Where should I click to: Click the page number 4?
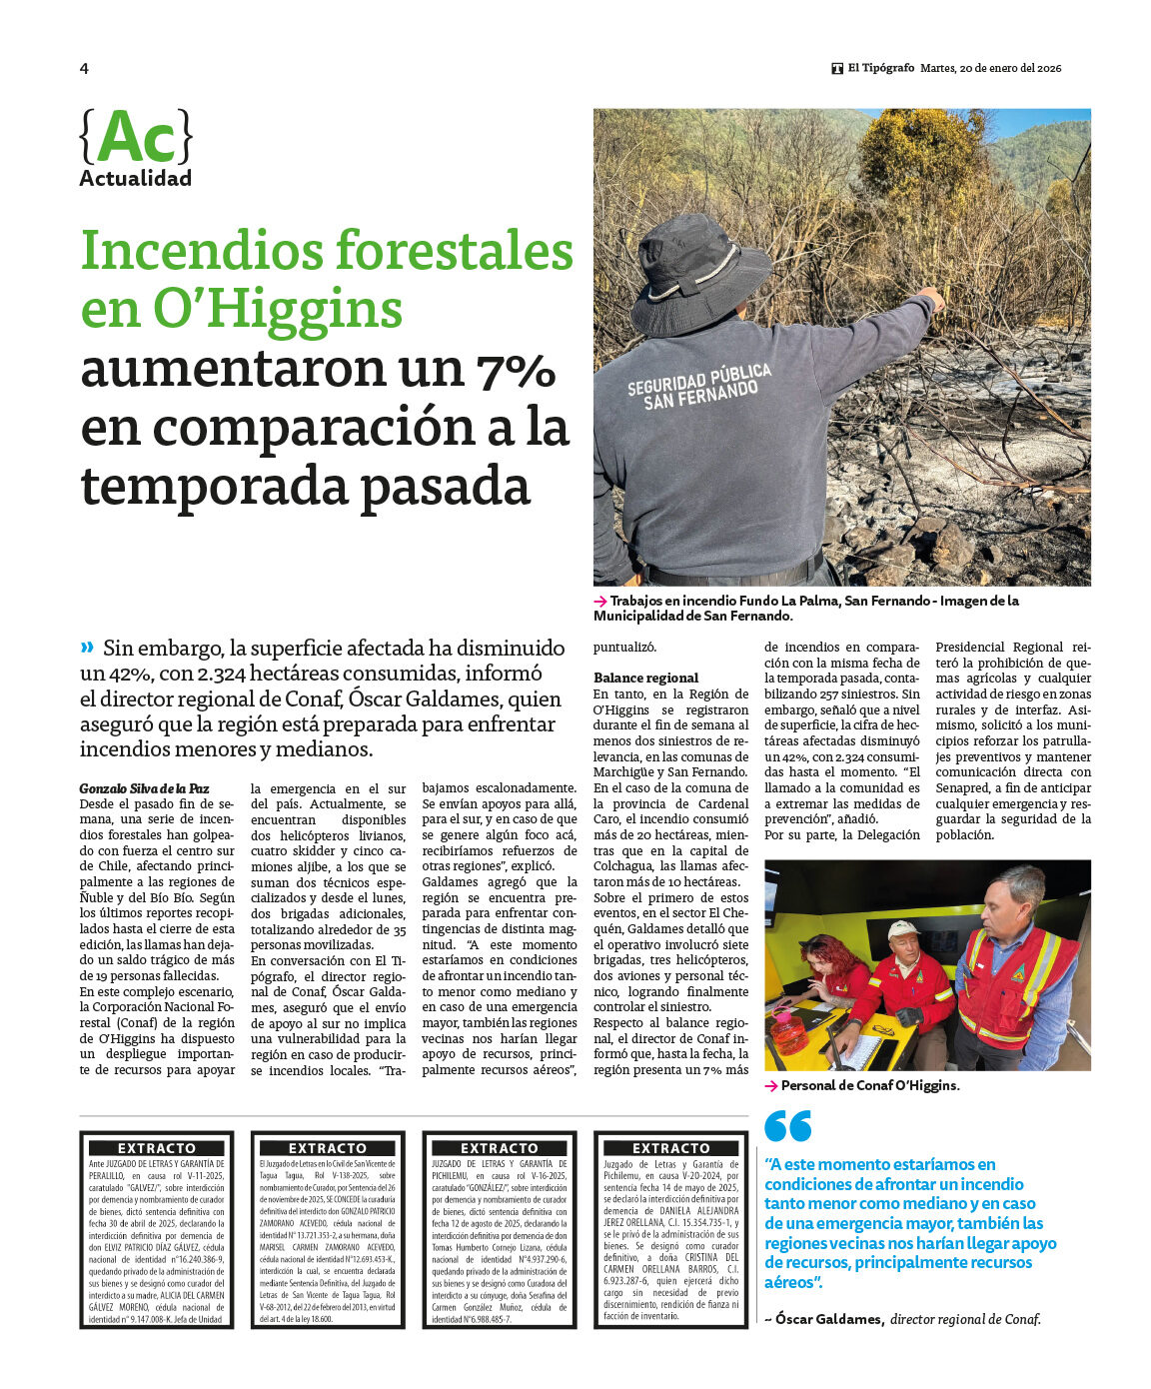pyautogui.click(x=84, y=69)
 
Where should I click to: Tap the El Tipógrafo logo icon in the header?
pyautogui.click(x=837, y=69)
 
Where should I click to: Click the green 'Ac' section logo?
pyautogui.click(x=136, y=138)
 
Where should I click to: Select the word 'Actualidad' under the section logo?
pyautogui.click(x=135, y=179)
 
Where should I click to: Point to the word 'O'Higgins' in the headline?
pyautogui.click(x=277, y=309)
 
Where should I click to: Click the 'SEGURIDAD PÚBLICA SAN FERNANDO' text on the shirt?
pyautogui.click(x=699, y=386)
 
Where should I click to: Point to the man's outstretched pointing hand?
pyautogui.click(x=930, y=298)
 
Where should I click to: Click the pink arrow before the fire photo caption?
pyautogui.click(x=599, y=602)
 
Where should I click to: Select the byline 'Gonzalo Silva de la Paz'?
pyautogui.click(x=144, y=788)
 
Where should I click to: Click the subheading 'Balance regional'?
pyautogui.click(x=645, y=678)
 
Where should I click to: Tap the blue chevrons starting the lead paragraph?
pyautogui.click(x=88, y=647)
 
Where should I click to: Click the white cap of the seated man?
pyautogui.click(x=902, y=929)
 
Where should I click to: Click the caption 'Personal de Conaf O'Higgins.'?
pyautogui.click(x=869, y=1085)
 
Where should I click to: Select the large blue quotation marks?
pyautogui.click(x=787, y=1126)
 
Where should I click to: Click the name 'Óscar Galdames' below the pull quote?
pyautogui.click(x=828, y=1319)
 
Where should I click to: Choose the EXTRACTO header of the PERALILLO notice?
pyautogui.click(x=157, y=1148)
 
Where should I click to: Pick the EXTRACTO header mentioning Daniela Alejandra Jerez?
pyautogui.click(x=670, y=1148)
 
